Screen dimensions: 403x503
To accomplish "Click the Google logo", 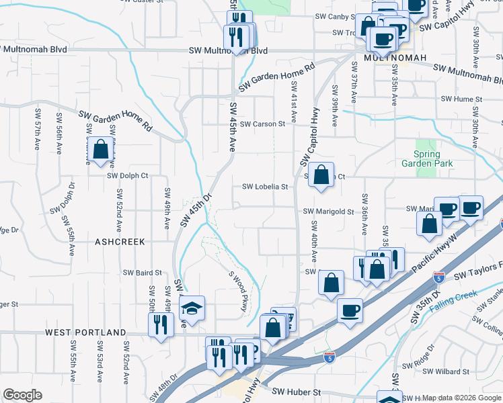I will [x=22, y=395].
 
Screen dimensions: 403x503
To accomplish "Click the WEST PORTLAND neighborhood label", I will [x=85, y=332].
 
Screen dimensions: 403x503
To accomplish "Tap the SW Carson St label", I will [x=264, y=124].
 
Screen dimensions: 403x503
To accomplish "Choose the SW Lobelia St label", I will [x=265, y=187].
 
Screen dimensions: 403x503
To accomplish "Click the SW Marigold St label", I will [x=328, y=211].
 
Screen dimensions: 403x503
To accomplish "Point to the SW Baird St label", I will [x=143, y=273].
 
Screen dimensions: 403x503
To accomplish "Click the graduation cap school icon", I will [x=192, y=309].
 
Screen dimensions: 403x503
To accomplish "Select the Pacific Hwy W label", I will [x=434, y=253].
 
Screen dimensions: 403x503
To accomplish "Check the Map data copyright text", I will [x=461, y=398].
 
